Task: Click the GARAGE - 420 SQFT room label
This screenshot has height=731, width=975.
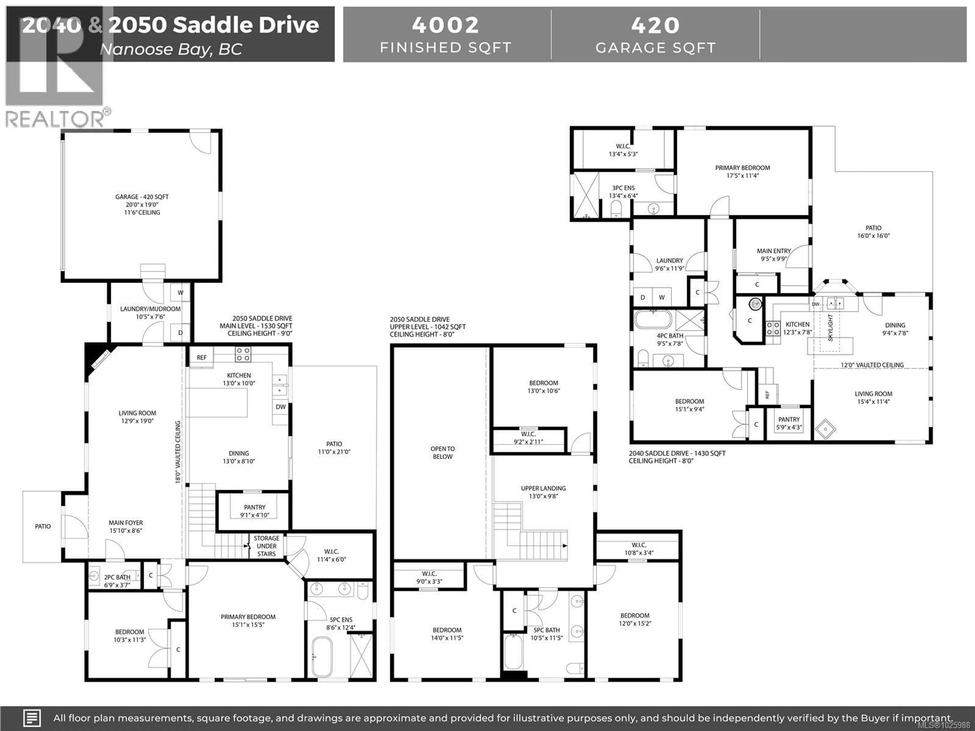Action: tap(142, 197)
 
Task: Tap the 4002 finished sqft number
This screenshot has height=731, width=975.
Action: tap(445, 25)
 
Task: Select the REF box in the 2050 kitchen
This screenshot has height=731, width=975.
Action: tap(201, 357)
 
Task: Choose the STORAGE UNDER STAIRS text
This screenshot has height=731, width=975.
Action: tap(266, 546)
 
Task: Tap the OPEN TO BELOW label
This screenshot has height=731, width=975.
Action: tap(443, 453)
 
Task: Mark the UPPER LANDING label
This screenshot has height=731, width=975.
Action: tap(543, 488)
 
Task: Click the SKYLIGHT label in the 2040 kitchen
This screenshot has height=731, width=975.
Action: tap(831, 327)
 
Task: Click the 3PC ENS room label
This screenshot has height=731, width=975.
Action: tap(623, 188)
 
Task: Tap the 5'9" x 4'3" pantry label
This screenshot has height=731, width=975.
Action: tap(789, 423)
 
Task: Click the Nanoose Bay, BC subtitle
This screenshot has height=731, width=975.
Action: tap(171, 49)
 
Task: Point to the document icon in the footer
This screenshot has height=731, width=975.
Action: tap(32, 718)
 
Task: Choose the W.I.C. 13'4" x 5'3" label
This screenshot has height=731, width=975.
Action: tap(623, 150)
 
